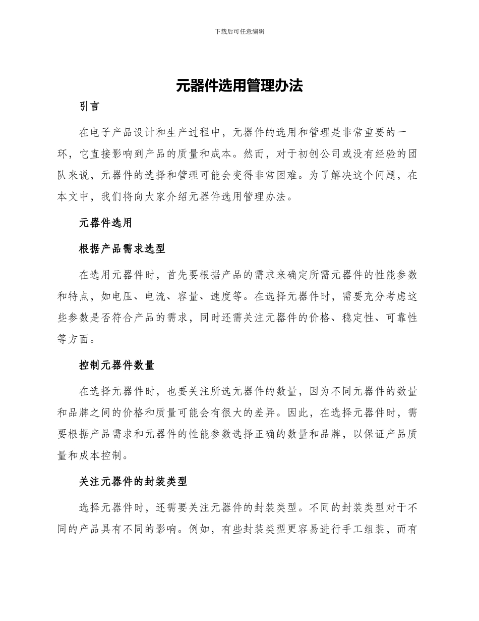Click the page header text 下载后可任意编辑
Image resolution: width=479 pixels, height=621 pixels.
coord(239,31)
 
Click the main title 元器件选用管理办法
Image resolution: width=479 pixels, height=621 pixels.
coord(239,86)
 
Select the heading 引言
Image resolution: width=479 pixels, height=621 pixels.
coord(90,107)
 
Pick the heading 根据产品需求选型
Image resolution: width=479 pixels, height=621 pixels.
coord(122,248)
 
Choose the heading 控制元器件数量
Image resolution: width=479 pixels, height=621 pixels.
coord(116,365)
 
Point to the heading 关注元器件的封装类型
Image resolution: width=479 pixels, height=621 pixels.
coord(133,482)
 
